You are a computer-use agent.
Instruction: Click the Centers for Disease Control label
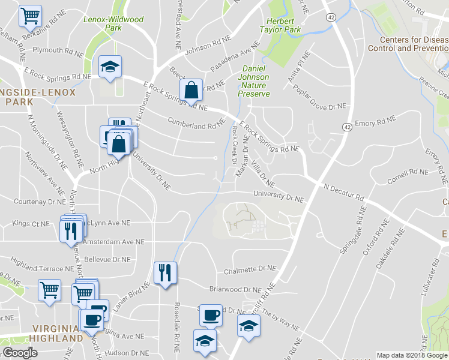coord(409,44)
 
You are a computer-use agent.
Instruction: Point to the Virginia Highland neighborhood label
coord(57,333)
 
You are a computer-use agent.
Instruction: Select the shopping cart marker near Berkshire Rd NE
coord(30,16)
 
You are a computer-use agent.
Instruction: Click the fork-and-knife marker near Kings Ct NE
coord(71,231)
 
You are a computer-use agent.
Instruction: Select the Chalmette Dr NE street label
coord(250,270)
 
